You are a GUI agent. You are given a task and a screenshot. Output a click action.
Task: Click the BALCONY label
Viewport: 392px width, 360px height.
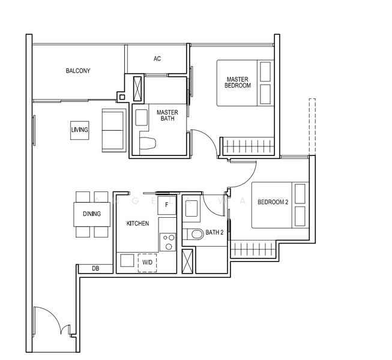pos(78,71)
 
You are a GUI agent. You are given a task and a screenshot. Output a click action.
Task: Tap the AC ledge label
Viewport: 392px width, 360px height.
pos(157,59)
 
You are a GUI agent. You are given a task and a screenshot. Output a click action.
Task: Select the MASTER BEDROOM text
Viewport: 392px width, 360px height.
pos(237,82)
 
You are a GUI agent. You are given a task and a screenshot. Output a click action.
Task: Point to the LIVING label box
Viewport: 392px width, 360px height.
pos(79,130)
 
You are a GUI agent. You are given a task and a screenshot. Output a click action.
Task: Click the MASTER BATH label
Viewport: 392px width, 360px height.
pos(167,115)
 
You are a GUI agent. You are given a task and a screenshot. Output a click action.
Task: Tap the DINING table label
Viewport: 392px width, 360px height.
pos(92,214)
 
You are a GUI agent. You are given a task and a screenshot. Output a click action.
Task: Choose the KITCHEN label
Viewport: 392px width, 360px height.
pos(137,223)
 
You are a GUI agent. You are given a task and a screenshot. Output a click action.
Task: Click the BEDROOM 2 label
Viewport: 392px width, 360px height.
pos(273,202)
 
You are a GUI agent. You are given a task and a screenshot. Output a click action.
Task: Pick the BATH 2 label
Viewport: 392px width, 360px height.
pos(214,233)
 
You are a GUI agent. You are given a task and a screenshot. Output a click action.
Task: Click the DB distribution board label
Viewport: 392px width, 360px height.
pos(95,269)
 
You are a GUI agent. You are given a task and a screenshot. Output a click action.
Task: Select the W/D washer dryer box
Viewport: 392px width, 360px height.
pos(147,263)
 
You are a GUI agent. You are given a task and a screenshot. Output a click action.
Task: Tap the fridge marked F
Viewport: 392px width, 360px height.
pos(167,205)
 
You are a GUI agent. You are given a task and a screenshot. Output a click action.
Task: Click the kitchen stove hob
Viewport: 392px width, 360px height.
pos(167,242)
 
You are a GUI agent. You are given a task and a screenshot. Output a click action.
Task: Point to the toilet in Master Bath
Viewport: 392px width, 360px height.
pos(148,143)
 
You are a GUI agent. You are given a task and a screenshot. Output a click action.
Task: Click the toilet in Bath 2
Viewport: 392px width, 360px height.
pos(194,234)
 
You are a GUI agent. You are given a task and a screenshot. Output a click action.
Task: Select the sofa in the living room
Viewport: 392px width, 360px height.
pos(113,130)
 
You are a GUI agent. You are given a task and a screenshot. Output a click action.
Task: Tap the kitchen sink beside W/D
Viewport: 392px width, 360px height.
pos(127,260)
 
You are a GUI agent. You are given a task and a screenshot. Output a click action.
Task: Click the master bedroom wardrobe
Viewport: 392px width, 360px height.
pos(247,146)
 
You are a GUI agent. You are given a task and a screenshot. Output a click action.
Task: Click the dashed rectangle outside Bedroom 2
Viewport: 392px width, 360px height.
pos(312,127)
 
